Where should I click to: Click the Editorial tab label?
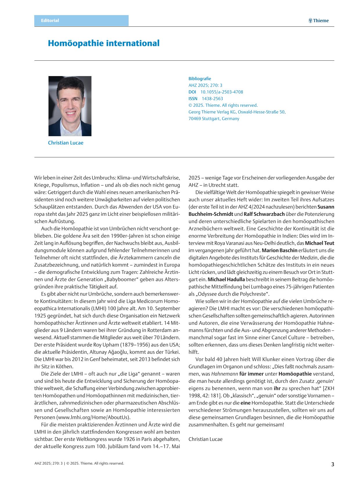pos(50,21)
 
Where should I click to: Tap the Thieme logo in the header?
pos(318,21)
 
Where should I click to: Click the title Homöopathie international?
pos(104,43)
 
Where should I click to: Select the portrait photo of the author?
pos(70,106)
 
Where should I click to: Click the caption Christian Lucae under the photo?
pos(66,143)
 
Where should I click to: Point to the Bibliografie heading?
pos(200,79)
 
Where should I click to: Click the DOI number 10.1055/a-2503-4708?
pos(222,92)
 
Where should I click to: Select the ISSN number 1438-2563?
pos(213,99)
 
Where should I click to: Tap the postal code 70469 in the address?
pos(195,119)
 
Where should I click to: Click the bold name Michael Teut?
pos(319,243)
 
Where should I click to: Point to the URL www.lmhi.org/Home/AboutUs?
pos(93,417)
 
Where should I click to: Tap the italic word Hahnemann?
pos(224,374)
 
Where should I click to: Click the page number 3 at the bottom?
pos(333,464)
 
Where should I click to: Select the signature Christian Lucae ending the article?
pos(206,439)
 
